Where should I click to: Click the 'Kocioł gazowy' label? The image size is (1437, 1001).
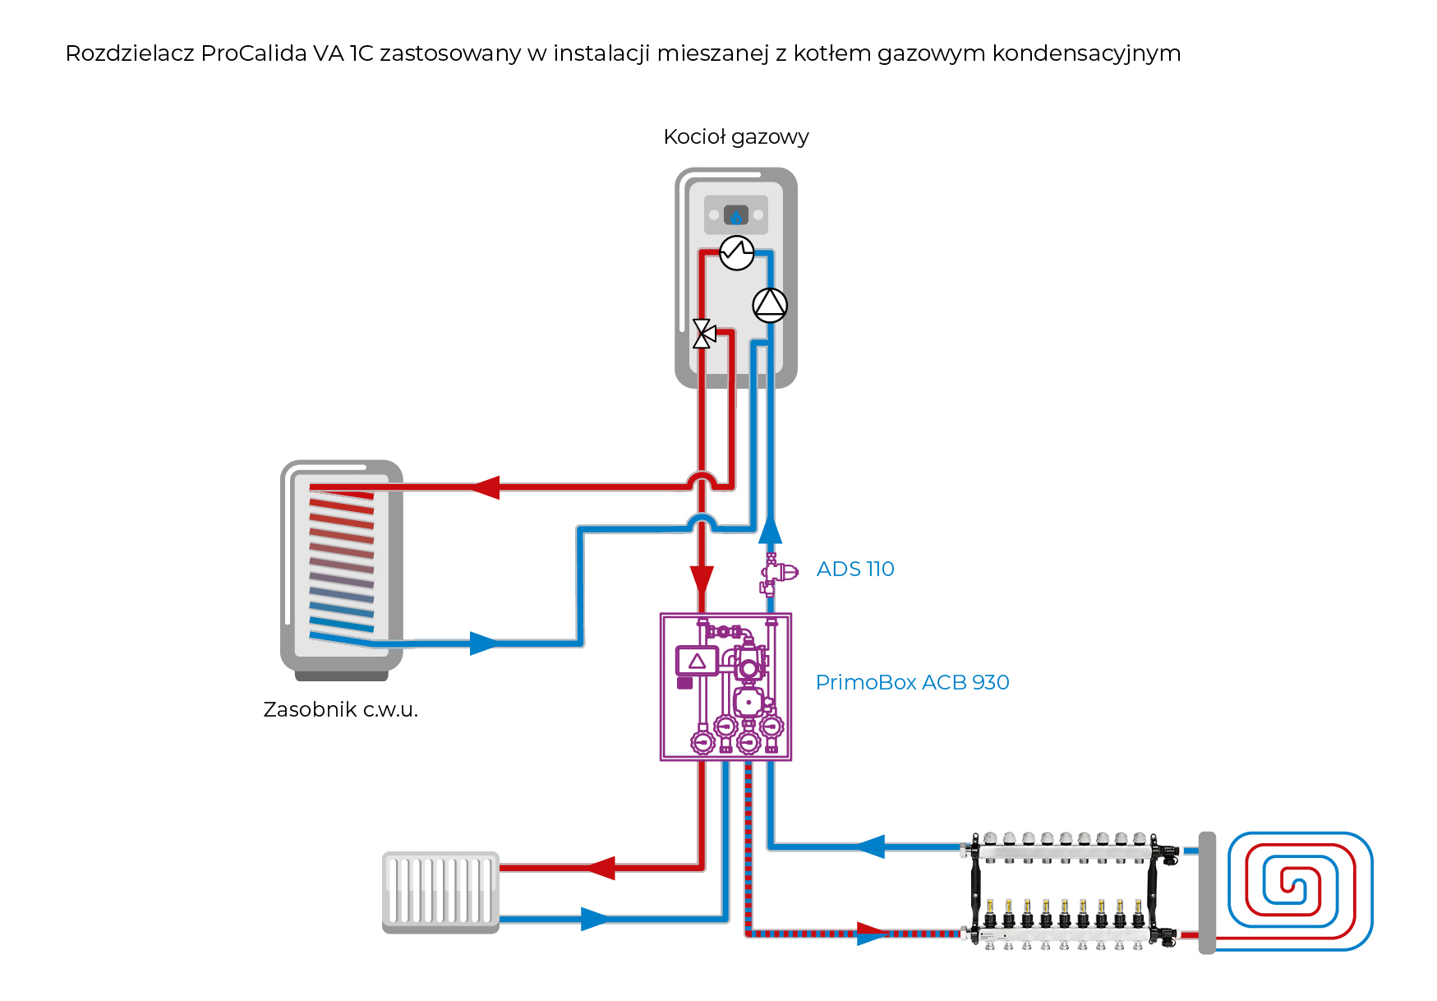pyautogui.click(x=735, y=137)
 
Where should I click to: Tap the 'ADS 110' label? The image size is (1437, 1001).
pyautogui.click(x=854, y=569)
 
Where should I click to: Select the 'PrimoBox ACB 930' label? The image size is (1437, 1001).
pyautogui.click(x=912, y=682)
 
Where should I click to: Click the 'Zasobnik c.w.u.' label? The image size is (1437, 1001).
pyautogui.click(x=340, y=709)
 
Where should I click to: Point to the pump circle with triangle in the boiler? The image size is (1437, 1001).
pyautogui.click(x=770, y=305)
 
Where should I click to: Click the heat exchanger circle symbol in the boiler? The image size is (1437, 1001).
pyautogui.click(x=737, y=252)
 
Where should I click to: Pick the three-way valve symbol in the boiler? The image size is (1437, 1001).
pyautogui.click(x=703, y=334)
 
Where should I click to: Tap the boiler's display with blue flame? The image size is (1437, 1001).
pyautogui.click(x=736, y=215)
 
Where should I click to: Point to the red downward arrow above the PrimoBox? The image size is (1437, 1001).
pyautogui.click(x=702, y=579)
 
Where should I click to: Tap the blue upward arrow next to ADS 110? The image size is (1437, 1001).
pyautogui.click(x=770, y=530)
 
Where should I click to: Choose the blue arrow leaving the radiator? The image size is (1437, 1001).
pyautogui.click(x=596, y=919)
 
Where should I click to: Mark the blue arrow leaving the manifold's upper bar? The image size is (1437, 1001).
pyautogui.click(x=871, y=846)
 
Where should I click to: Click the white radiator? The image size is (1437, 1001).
pyautogui.click(x=440, y=892)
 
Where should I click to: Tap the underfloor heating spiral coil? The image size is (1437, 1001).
pyautogui.click(x=1300, y=891)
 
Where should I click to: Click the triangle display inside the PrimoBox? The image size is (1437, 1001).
pyautogui.click(x=697, y=661)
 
